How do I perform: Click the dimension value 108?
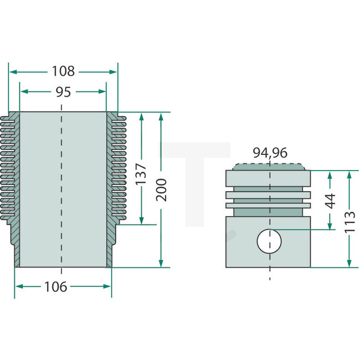coord(63,71)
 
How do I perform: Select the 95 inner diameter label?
coord(63,92)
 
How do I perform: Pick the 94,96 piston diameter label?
coord(270,153)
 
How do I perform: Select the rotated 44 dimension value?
coord(330,200)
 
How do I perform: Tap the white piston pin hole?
coord(270,241)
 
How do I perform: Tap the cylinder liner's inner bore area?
coord(62,188)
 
